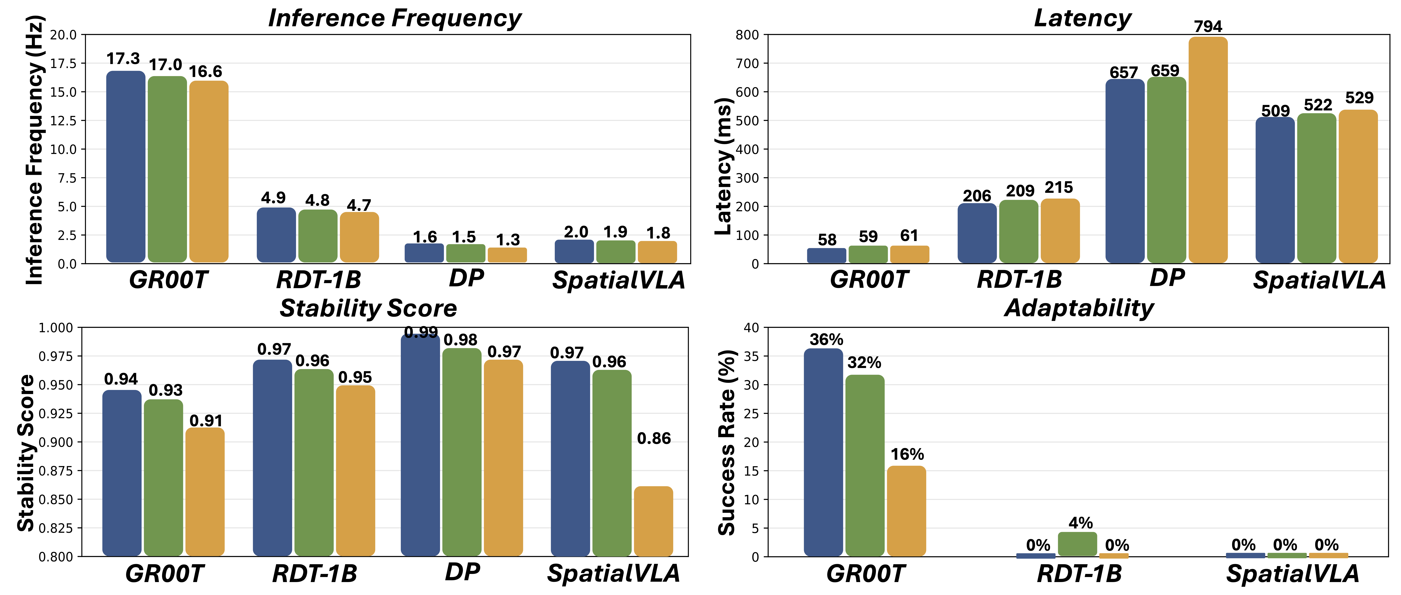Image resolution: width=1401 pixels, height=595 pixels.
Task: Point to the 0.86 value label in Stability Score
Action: click(654, 438)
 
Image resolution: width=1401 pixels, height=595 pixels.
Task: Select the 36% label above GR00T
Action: click(826, 340)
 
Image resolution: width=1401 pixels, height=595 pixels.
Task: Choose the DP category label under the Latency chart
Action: click(1167, 278)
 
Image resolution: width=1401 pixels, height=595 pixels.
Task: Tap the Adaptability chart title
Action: click(1079, 308)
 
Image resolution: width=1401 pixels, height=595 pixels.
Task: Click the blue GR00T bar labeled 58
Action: click(826, 256)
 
